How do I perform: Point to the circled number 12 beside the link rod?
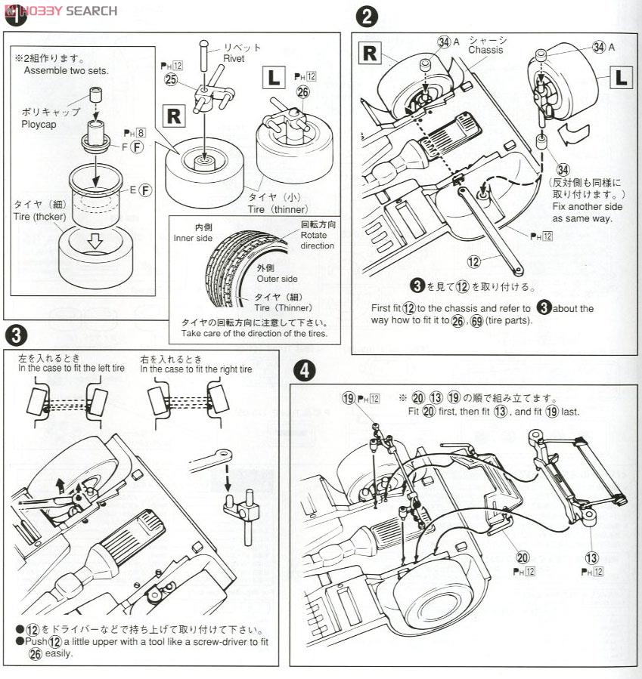pyautogui.click(x=474, y=261)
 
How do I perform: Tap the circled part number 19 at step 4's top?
pyautogui.click(x=349, y=398)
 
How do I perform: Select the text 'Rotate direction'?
pyautogui.click(x=317, y=240)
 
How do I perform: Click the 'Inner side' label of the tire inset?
pyautogui.click(x=193, y=238)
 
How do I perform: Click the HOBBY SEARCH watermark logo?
pyautogui.click(x=60, y=10)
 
